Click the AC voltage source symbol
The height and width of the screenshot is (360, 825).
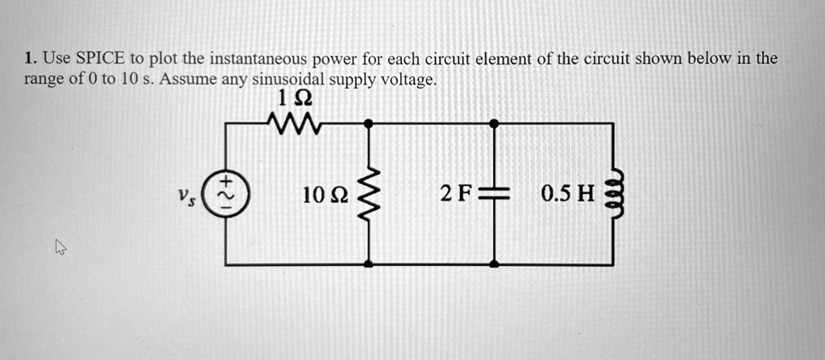click(226, 194)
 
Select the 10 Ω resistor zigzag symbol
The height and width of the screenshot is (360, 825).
click(368, 194)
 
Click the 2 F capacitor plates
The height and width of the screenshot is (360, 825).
click(494, 194)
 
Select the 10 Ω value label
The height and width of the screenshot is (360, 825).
click(325, 194)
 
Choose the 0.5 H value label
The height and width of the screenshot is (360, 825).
click(567, 194)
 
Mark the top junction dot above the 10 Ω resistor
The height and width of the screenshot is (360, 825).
click(368, 123)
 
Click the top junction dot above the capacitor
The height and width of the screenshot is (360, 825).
click(494, 123)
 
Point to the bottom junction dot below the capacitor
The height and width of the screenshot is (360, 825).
click(494, 264)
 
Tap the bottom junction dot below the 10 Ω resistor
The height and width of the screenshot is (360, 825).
click(368, 264)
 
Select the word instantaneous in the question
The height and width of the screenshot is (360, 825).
click(258, 60)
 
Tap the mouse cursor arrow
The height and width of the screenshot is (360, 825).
click(60, 249)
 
